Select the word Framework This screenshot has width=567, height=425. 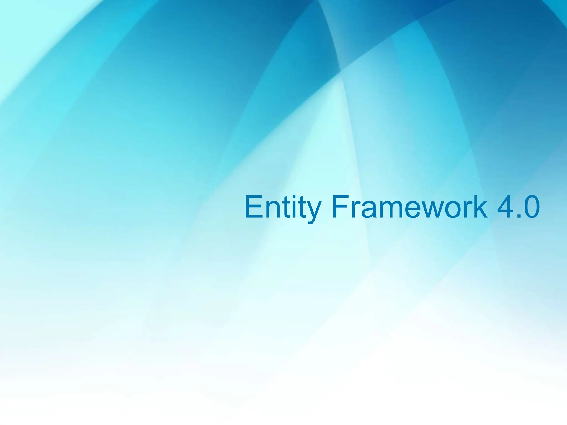pyautogui.click(x=409, y=207)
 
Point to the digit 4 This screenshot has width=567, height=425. pyautogui.click(x=505, y=207)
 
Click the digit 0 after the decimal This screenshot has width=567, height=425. pyautogui.click(x=530, y=207)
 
